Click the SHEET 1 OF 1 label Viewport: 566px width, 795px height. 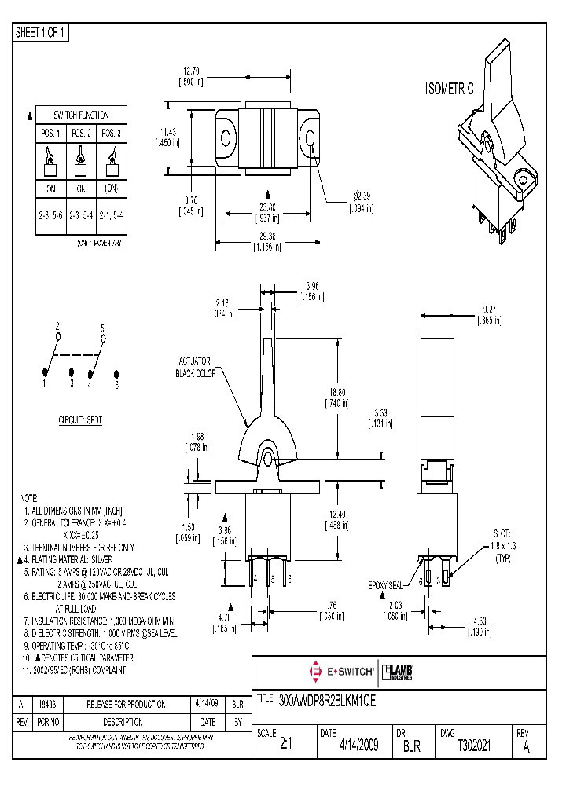42,32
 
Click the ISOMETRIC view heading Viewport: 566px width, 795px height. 450,90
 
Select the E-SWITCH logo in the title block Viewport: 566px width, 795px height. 338,672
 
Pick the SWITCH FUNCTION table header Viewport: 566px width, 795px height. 81,115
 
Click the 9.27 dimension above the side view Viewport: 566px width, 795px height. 489,315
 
